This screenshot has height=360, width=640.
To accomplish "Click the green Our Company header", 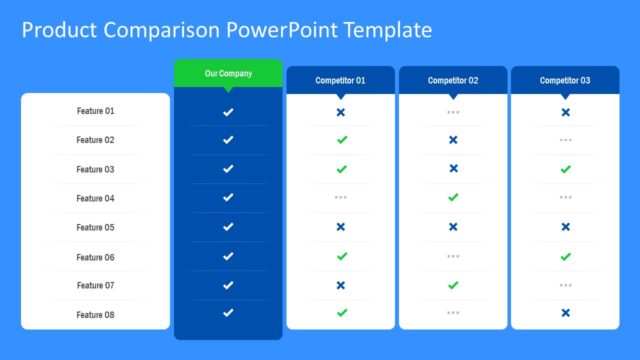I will click(228, 74).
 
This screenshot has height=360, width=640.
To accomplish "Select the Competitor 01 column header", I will click(340, 80).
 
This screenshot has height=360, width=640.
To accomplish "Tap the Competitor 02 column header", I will click(453, 80).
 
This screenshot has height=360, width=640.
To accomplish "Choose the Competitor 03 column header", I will click(565, 80).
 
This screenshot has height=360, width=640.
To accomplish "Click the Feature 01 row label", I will click(96, 111).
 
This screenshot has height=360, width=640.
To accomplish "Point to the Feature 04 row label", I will click(96, 198).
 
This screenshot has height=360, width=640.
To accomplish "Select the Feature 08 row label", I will click(96, 315).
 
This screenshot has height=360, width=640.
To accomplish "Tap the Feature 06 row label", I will click(96, 257).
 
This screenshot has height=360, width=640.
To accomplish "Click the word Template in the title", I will click(385, 30).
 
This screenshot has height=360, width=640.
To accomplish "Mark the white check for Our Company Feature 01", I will click(228, 112).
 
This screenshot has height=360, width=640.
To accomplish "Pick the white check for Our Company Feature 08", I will click(228, 313).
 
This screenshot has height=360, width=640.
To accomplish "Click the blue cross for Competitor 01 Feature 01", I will click(340, 112).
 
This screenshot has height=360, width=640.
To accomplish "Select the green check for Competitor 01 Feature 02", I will click(341, 140).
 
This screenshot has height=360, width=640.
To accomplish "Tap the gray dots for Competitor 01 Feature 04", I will click(340, 198).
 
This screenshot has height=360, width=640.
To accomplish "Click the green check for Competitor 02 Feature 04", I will click(453, 198).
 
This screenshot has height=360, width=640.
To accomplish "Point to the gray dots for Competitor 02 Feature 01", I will click(453, 112).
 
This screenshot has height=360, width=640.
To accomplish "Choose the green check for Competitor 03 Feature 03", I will click(565, 169).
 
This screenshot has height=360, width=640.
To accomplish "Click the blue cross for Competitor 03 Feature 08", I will click(565, 313).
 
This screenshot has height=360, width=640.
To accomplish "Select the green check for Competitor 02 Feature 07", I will click(453, 285).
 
